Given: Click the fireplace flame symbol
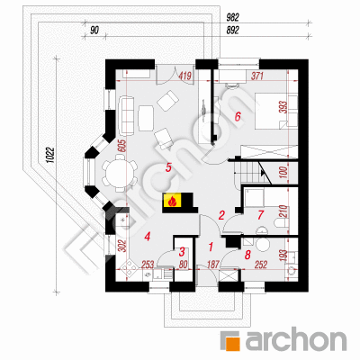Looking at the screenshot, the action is coord(172,201).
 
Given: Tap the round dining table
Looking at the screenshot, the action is coord(120,173).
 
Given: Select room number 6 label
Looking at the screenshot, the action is coord(238,116).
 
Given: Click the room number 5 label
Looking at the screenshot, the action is coord(168,167).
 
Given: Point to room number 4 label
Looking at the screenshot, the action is coord(147,237).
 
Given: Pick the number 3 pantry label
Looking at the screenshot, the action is coord(182,252).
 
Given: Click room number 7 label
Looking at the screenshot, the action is coord(260,215).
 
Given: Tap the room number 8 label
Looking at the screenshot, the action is coord(247,255).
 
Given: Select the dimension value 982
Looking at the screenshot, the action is coord(232,18).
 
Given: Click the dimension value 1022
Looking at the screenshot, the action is coord(50,155).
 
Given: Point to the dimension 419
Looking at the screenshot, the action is coord(184,76).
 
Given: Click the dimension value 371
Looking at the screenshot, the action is coord(257,76).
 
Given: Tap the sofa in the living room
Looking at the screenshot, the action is coord(127,115).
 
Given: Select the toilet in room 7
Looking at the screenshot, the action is coord(282,223).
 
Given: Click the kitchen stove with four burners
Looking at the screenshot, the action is coord(129,267).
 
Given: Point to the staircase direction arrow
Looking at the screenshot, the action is coord(264,173).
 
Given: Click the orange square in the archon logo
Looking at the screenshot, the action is coord(232,343).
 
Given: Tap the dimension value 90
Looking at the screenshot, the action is coord(94,31).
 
